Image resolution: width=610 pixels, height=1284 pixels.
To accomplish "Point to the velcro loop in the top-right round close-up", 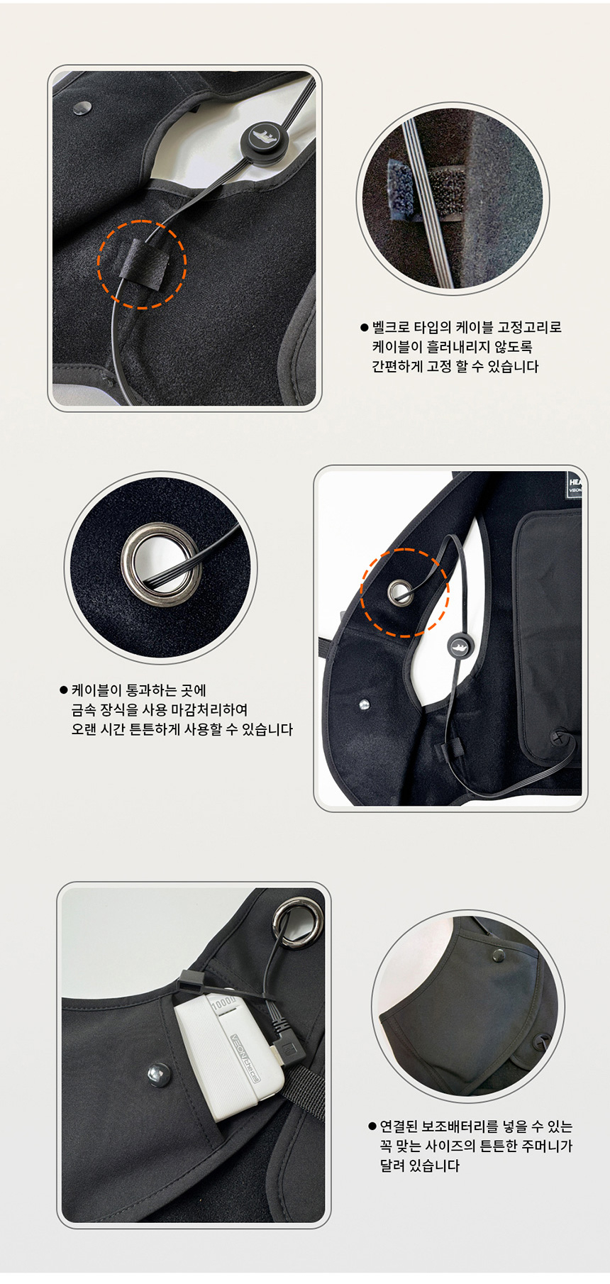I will [x=402, y=191].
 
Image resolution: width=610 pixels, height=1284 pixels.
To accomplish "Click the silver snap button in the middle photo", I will [x=365, y=704].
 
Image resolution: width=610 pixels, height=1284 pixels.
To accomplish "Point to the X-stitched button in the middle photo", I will [x=560, y=737].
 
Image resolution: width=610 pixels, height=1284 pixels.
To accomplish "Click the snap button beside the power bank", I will [x=157, y=1074].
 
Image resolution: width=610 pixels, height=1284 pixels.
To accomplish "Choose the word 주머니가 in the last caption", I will [x=547, y=1146].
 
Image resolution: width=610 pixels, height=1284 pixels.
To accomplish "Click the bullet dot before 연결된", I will [x=372, y=1127].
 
